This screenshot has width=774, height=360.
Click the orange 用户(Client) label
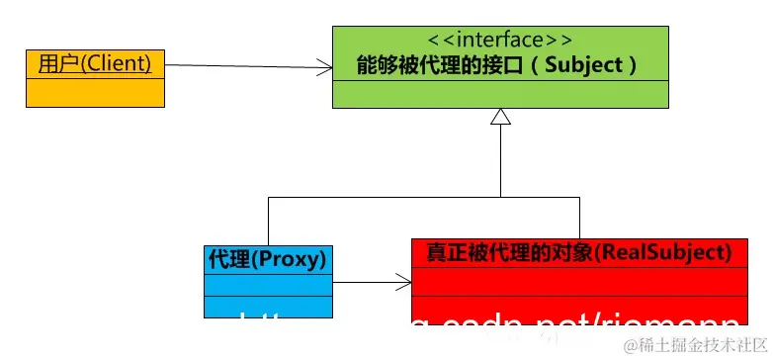click(x=94, y=64)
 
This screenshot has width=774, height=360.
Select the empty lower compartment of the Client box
click(x=94, y=93)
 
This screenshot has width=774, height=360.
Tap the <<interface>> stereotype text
click(x=500, y=40)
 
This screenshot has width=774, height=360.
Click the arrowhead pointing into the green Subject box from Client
click(x=324, y=67)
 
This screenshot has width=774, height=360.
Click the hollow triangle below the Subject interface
click(x=500, y=117)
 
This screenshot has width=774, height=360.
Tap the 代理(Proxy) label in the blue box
click(x=268, y=259)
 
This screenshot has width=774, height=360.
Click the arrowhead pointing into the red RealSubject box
click(x=403, y=284)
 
